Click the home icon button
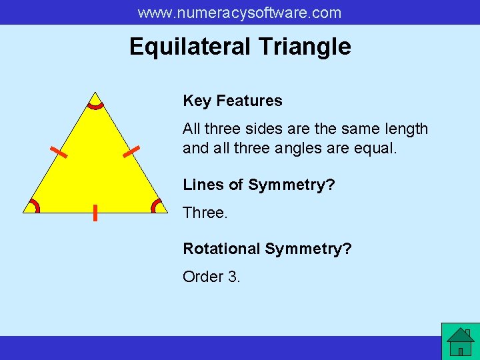click(x=460, y=341)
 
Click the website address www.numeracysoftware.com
click(x=239, y=13)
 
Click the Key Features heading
click(x=233, y=101)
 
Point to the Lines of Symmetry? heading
click(x=259, y=185)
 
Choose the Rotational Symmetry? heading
click(x=267, y=249)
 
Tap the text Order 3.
click(x=211, y=276)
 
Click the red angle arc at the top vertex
click(x=96, y=105)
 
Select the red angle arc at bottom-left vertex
click(x=34, y=205)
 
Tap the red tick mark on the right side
click(x=131, y=152)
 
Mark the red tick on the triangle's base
click(x=95, y=213)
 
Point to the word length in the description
click(x=402, y=129)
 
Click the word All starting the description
click(x=192, y=129)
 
